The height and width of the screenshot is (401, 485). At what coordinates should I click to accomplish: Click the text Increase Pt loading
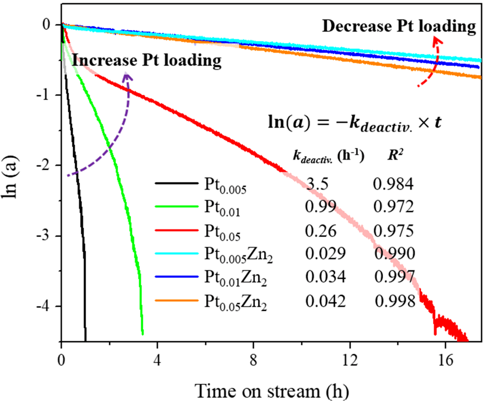(146, 60)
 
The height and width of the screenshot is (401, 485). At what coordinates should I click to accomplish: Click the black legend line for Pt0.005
(176, 183)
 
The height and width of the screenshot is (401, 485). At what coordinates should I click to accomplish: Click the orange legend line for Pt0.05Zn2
(176, 300)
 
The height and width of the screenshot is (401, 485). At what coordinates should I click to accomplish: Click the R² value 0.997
(394, 277)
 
